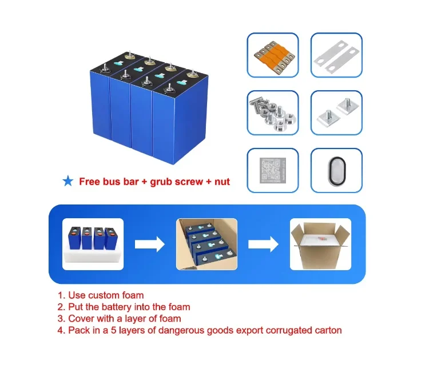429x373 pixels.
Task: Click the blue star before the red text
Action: [67, 182]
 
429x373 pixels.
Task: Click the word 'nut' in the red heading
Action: [221, 182]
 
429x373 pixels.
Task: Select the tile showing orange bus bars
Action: [273, 55]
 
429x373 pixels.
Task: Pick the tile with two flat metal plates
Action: [337, 55]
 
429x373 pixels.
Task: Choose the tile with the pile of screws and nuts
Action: [273, 112]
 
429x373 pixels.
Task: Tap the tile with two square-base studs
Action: [337, 112]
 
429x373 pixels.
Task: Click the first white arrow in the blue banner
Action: [149, 244]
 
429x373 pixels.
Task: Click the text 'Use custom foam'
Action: [106, 295]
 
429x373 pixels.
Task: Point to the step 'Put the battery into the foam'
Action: [129, 307]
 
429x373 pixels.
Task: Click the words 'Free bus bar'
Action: [104, 182]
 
